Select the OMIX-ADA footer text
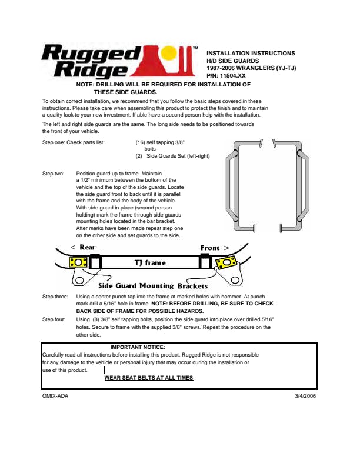pos(55,396)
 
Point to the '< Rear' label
pos(82,247)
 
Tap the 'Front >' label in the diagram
pos(214,248)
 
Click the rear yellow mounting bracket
pos(79,262)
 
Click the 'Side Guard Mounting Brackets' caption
pos(153,285)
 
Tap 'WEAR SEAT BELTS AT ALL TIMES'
pos(148,378)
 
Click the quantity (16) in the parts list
pos(141,142)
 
